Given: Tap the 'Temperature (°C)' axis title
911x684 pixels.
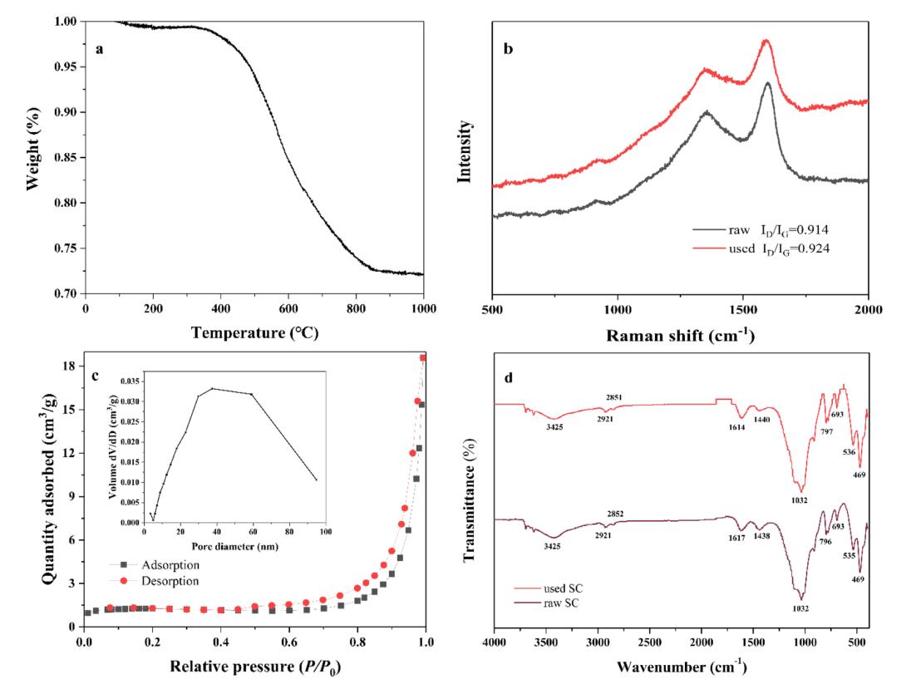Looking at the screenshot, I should pos(254,332).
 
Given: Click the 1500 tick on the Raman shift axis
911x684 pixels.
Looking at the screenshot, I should pos(742,308).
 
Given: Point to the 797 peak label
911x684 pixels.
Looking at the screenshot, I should pos(826,431).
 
